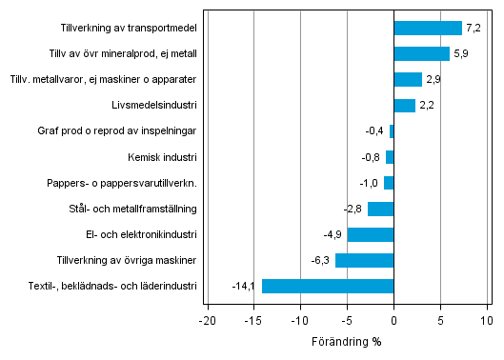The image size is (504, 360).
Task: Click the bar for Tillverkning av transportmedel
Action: pos(427,28)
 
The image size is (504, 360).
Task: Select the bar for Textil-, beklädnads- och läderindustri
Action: pos(327,286)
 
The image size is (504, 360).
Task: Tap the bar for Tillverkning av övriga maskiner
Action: pos(364,260)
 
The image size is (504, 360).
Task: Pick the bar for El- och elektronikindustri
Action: pos(371,234)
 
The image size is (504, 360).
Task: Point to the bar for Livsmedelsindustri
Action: pos(404,106)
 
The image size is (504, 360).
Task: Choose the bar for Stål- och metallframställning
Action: pos(380,209)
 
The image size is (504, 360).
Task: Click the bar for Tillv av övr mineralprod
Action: pos(421,53)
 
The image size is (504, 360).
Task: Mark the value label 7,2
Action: pos(474,28)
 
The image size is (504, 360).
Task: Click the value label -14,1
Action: pos(245,286)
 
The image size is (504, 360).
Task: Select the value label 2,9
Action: pos(434,79)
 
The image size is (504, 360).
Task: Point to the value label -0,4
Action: pos(376,131)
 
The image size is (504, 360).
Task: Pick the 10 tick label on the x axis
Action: pos(487,321)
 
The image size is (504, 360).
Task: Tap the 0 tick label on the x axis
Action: pos(393,321)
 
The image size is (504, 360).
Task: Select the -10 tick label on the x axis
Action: pos(300,321)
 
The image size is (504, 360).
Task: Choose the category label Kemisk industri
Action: pos(162,157)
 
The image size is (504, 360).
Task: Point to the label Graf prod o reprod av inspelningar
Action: pos(117,131)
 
